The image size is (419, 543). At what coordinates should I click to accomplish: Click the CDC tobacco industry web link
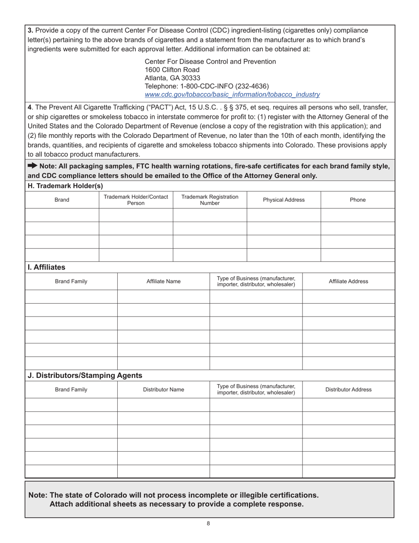point(232,94)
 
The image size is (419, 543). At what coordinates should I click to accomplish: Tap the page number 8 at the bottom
point(208,524)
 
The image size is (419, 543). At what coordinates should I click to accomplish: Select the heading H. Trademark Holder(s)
point(65,186)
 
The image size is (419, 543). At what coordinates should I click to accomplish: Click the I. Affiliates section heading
point(47,267)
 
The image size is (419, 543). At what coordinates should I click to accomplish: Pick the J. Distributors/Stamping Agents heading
point(85,375)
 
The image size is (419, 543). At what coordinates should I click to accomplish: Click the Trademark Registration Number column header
point(209,200)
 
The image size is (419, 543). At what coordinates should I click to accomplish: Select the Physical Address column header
point(284,200)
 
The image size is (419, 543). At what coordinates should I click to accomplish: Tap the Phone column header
point(357,200)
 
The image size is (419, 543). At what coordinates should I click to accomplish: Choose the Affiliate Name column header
point(163,281)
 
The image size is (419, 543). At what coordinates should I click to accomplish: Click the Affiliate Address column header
point(348,281)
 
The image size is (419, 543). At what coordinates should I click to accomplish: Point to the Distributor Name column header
point(163,389)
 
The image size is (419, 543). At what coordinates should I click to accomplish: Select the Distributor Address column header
point(348,389)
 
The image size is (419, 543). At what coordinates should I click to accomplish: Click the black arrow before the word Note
point(33,166)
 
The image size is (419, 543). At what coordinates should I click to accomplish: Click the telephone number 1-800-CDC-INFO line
point(206,86)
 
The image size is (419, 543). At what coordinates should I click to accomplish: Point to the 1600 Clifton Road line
point(172,70)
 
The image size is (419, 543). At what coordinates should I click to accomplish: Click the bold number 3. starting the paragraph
point(30,30)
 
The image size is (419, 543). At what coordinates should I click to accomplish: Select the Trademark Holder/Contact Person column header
point(136,200)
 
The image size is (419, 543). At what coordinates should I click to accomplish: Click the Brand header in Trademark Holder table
point(62,200)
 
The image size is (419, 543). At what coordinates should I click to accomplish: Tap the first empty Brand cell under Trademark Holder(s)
point(62,215)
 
